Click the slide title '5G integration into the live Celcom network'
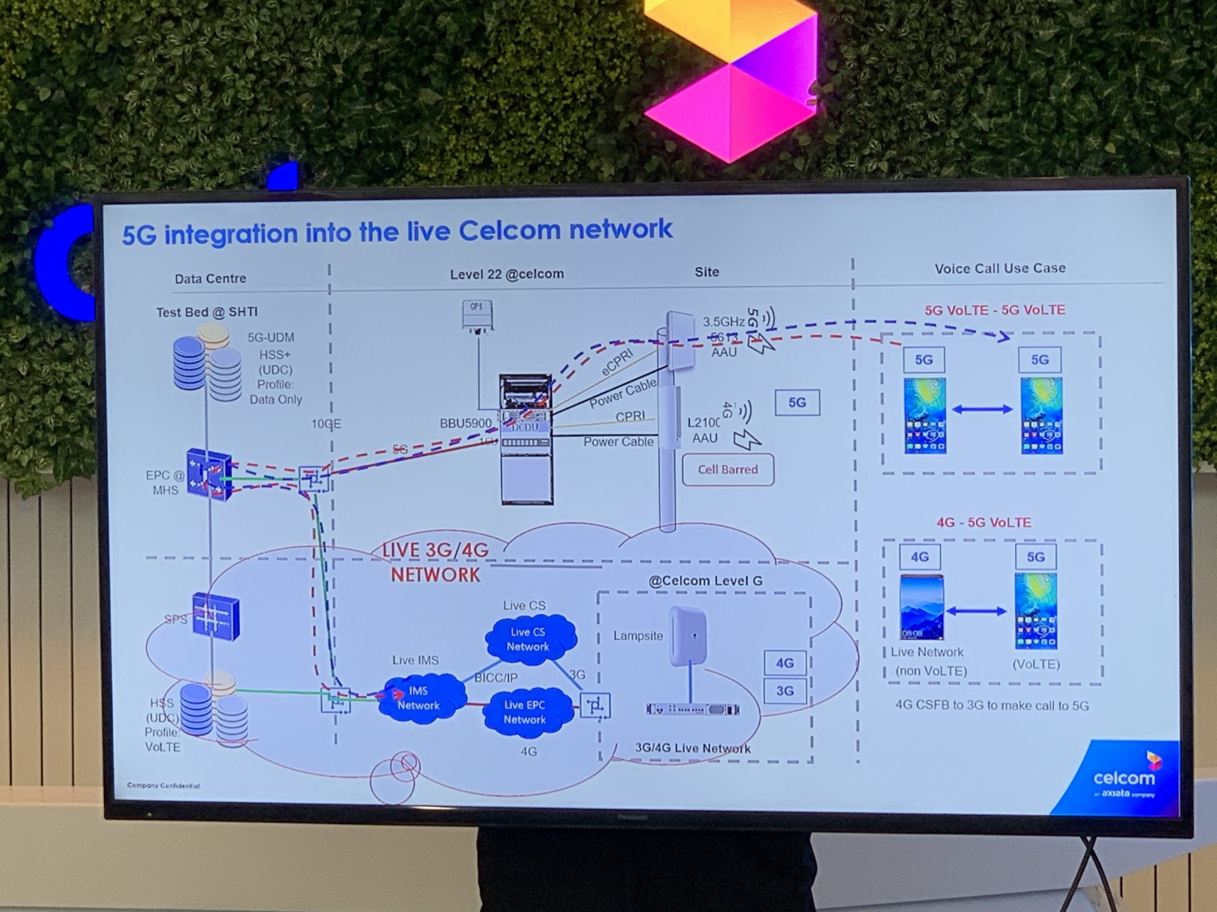397,232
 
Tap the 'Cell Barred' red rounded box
728,470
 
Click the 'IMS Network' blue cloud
420,698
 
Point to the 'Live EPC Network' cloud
525,712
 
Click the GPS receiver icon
477,315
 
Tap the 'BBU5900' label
465,423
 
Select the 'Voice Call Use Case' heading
1000,269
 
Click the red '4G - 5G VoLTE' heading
984,522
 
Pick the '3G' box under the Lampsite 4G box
785,691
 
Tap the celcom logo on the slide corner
1124,778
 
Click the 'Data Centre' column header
210,279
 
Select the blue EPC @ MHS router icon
209,475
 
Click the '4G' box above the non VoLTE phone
919,557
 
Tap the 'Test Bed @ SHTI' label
207,312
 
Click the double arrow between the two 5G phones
982,410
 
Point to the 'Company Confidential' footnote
164,785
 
